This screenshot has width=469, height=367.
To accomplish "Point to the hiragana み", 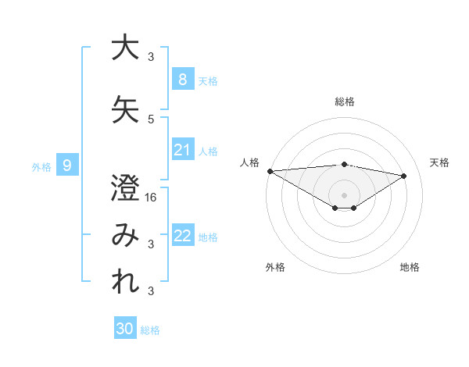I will (x=125, y=236).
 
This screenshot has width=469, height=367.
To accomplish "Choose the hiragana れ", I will (x=125, y=281).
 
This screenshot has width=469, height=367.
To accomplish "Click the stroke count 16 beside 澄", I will (x=152, y=198).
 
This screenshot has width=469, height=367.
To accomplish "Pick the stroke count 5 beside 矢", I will (x=152, y=119).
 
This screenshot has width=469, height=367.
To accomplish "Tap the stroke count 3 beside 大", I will (x=152, y=56).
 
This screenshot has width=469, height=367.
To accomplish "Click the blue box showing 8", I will (x=182, y=79).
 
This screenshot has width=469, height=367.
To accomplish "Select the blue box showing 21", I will (x=182, y=150).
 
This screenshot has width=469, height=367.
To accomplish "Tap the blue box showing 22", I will (x=182, y=236).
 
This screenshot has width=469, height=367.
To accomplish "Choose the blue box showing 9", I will (x=67, y=165).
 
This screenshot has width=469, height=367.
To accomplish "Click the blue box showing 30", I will (x=125, y=329).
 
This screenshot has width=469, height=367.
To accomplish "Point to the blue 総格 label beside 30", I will (x=151, y=330).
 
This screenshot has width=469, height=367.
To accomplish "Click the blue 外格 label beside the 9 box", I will (x=41, y=166).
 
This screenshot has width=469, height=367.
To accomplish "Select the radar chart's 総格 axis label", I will (x=345, y=102).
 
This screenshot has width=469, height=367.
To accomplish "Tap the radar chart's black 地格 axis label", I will (x=410, y=267).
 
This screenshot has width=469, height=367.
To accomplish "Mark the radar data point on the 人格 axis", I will (x=270, y=170).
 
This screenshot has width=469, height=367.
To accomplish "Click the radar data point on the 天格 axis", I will (x=404, y=175).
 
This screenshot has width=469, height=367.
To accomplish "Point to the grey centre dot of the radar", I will (x=344, y=194).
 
